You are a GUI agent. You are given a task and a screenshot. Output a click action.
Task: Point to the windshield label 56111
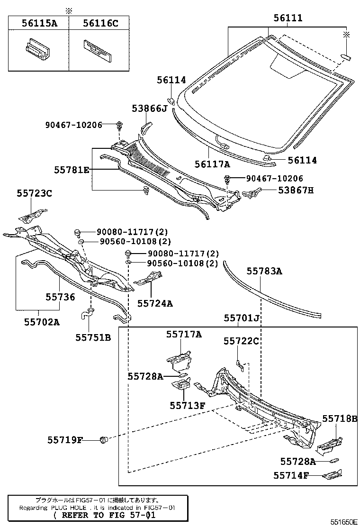point(288,18)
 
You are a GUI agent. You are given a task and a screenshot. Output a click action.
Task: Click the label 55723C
point(34,193)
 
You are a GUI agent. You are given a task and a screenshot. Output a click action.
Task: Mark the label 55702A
point(42,322)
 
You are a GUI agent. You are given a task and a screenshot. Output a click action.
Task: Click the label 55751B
point(93,337)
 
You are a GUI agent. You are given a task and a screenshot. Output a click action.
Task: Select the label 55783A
point(264,271)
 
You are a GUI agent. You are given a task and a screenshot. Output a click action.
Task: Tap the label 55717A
point(183,334)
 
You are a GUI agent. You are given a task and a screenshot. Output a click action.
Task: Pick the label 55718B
point(340,418)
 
